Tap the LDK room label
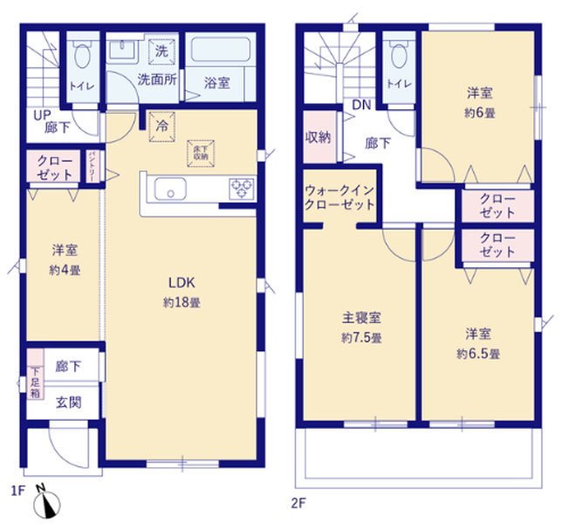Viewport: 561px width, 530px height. point(181,283)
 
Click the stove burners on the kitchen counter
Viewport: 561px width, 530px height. point(241,188)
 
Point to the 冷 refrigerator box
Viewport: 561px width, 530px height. point(162,125)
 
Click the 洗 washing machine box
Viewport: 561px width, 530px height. point(162,52)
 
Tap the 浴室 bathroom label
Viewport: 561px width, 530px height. point(217,84)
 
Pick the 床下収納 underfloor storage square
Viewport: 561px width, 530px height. point(199,152)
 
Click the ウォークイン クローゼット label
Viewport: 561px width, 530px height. point(339,197)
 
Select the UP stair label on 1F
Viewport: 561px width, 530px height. point(40,114)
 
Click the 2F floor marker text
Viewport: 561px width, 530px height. point(299,501)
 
